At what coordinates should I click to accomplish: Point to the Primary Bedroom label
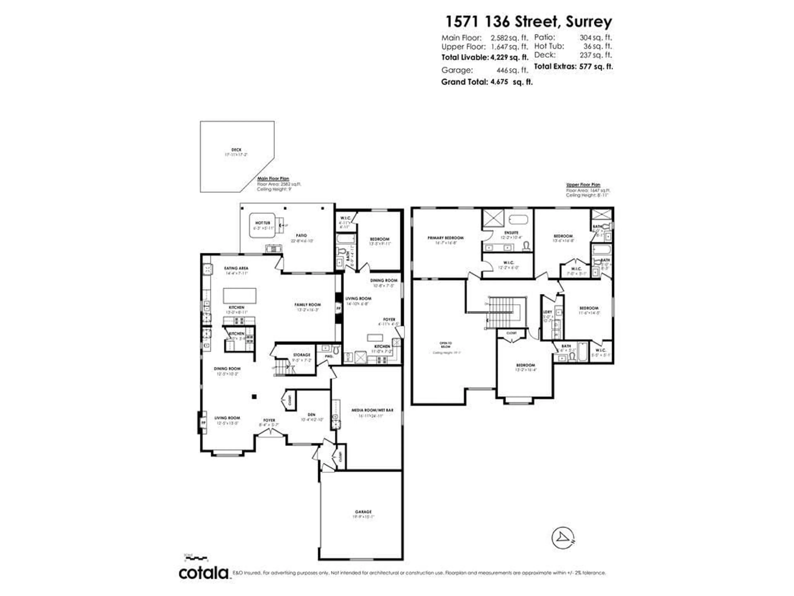445,238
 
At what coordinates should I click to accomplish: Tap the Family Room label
308,305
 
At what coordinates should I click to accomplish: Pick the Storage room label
301,355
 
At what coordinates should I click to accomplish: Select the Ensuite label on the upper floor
511,233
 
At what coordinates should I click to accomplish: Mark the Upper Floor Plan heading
583,185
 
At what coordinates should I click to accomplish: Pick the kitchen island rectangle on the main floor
240,296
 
